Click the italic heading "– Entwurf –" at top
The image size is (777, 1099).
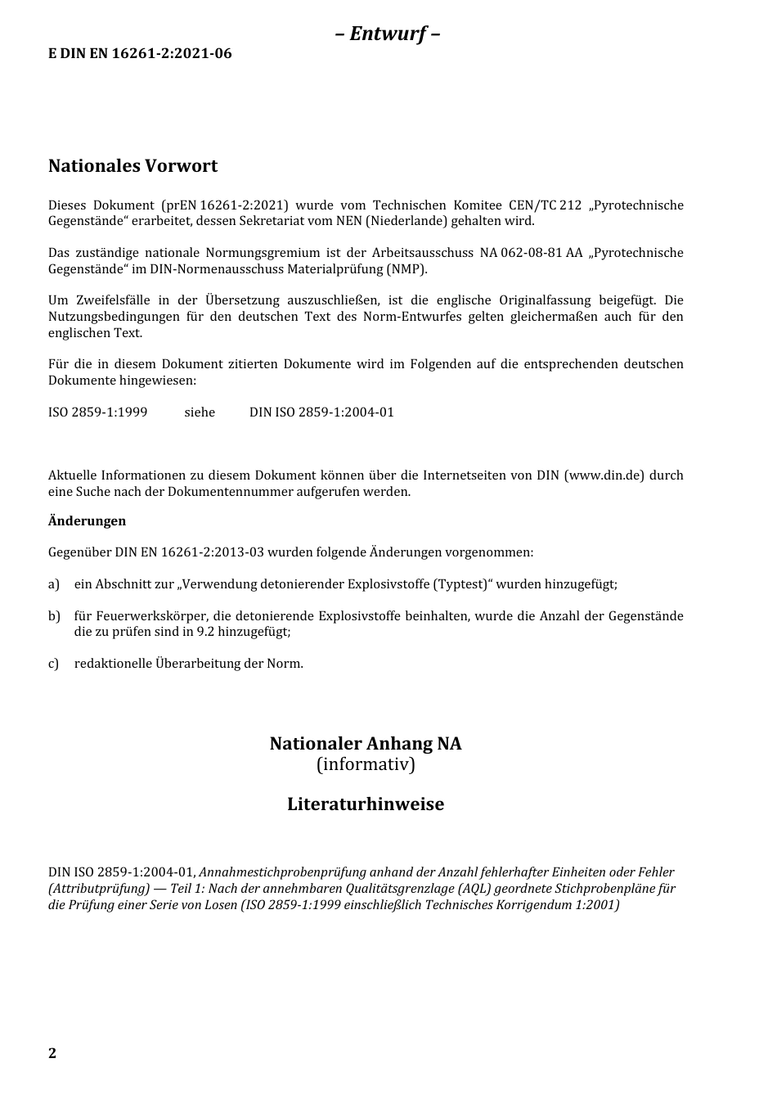pos(388,34)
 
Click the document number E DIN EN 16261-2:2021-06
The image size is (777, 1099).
pos(140,54)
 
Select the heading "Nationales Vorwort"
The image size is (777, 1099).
pos(132,166)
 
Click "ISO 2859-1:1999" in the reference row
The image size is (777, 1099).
pos(97,412)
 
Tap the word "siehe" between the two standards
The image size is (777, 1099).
pos(200,412)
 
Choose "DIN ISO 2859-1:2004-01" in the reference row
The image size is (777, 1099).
pos(321,412)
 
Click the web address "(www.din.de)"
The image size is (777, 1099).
pos(604,475)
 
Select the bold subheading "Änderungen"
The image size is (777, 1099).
pos(87,521)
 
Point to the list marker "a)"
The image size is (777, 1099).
pos(54,584)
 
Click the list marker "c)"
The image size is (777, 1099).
pos(54,664)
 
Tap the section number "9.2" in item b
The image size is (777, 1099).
pos(205,632)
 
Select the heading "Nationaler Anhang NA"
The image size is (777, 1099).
pos(366,744)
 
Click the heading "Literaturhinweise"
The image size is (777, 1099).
pos(366,804)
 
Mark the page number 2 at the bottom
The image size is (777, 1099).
pos(52,1053)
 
